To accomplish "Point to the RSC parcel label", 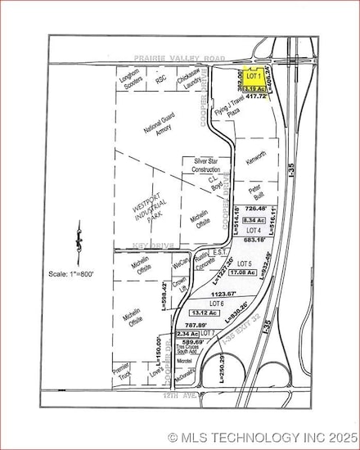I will click(161, 79).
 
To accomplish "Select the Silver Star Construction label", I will click(209, 166).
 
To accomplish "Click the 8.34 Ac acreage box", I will click(254, 221).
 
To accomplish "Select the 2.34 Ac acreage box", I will click(187, 334).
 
